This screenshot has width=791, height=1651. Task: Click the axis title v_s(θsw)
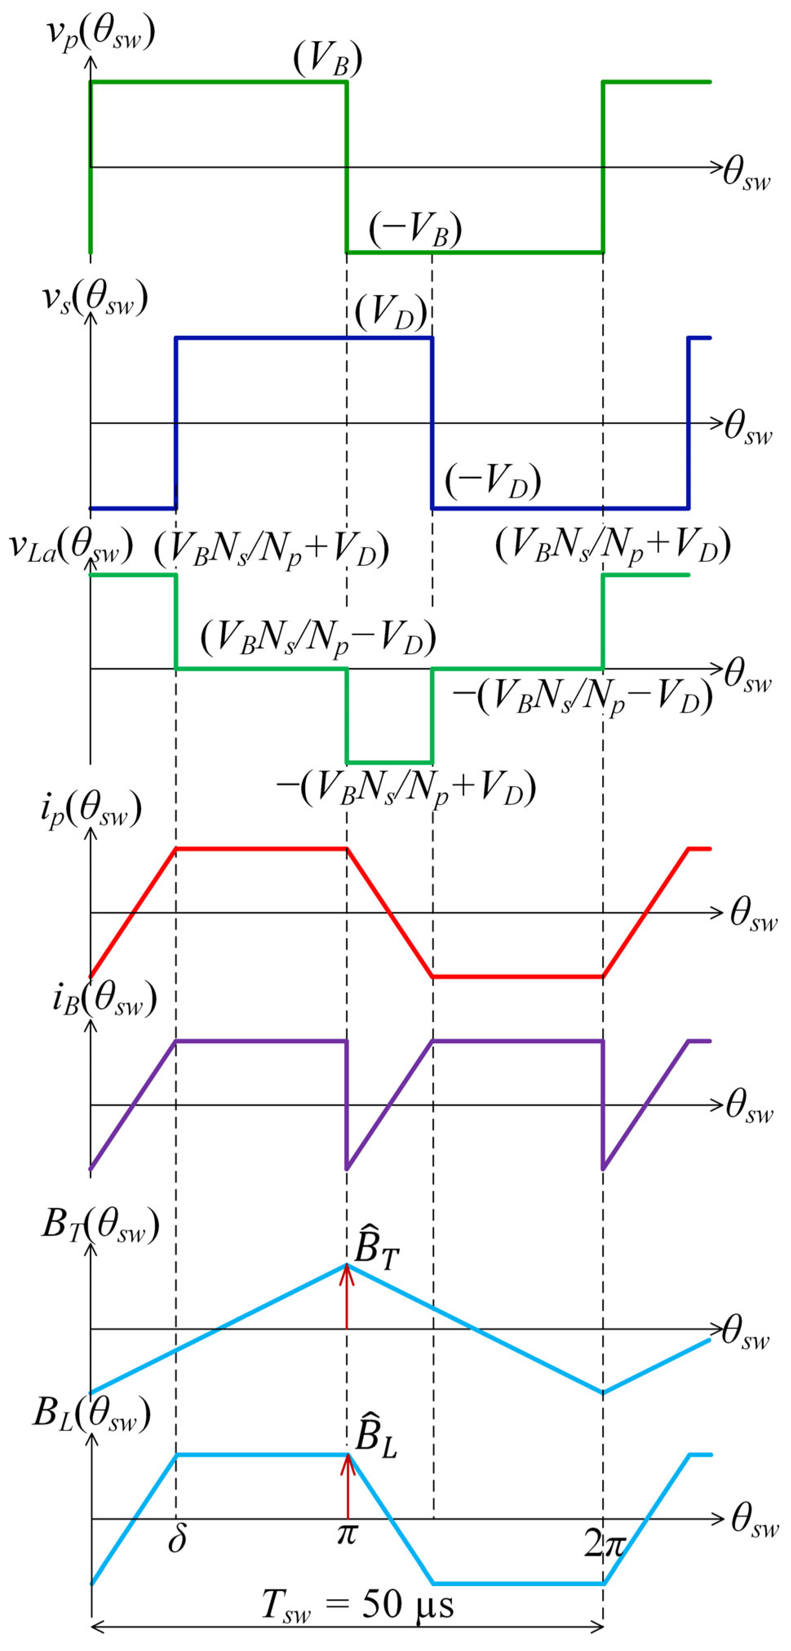tap(95, 298)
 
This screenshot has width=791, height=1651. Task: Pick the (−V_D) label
tap(492, 480)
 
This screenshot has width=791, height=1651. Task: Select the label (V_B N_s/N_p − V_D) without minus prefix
tap(319, 638)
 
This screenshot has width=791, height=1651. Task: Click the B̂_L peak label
tap(376, 1435)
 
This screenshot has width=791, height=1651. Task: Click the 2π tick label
tap(603, 1544)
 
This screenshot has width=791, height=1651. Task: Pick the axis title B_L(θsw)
tap(92, 1413)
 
